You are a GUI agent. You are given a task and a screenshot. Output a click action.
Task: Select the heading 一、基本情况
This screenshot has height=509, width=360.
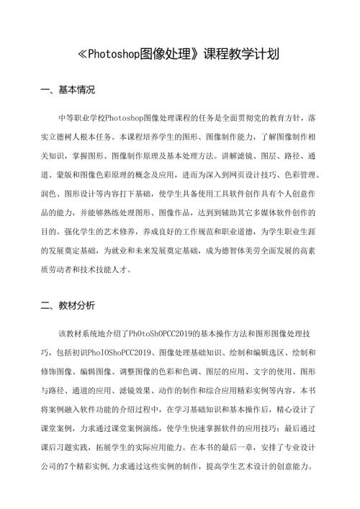coord(68,91)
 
